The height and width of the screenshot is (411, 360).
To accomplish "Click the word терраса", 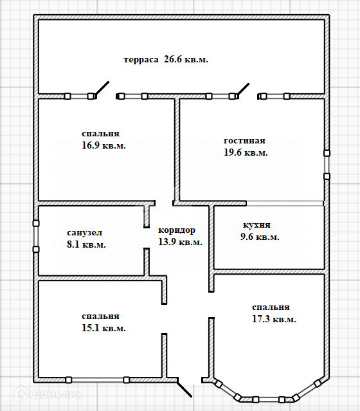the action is point(141,60).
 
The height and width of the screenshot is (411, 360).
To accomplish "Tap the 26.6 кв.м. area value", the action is point(186,60).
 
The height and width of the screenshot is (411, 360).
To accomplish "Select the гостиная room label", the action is point(244,141).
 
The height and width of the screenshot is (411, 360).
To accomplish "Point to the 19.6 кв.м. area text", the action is point(246,152).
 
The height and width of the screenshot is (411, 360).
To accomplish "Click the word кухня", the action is point(256,225).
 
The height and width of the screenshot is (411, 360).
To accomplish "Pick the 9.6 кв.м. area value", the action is point(260,237).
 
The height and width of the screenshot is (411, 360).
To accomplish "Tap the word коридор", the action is point(177,230).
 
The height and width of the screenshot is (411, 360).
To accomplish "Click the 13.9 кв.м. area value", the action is point(180,242).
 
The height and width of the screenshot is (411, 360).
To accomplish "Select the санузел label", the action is point(85,233).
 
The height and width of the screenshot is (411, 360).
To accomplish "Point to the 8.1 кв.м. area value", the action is point(86,244).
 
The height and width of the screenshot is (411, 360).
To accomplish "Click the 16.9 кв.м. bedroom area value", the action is point(104,145).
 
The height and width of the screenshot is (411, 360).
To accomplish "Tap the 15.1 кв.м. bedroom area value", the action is point(104,328).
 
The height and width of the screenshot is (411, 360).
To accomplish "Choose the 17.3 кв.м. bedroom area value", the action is point(274,319).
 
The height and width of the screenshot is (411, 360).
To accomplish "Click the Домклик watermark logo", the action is point(49,394).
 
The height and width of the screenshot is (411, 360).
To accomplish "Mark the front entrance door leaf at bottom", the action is point(184,388).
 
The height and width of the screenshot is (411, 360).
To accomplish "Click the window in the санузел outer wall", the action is point(36,236).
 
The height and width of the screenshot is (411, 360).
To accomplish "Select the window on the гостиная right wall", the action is point(327,165).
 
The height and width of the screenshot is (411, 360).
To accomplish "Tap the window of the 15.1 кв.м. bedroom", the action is point(98,380).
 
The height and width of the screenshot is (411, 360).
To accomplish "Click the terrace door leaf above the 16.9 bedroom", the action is point(102,89).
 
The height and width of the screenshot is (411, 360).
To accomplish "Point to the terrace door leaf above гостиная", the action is point(243,90).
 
